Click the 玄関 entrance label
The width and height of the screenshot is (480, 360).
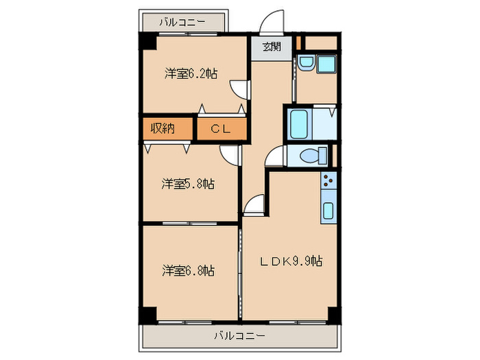(271, 47)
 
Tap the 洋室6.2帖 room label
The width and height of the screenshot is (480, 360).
(190, 73)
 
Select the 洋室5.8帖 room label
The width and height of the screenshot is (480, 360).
(188, 184)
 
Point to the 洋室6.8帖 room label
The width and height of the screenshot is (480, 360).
(188, 270)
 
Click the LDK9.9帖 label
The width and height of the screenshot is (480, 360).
(291, 261)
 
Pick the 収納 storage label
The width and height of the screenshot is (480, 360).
(162, 128)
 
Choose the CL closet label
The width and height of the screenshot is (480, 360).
(219, 128)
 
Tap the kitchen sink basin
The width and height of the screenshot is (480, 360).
(328, 211)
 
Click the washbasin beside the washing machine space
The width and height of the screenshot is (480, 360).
(307, 64)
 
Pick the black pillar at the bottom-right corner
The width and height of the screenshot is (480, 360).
(333, 315)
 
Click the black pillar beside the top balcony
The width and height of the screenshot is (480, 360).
(147, 41)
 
